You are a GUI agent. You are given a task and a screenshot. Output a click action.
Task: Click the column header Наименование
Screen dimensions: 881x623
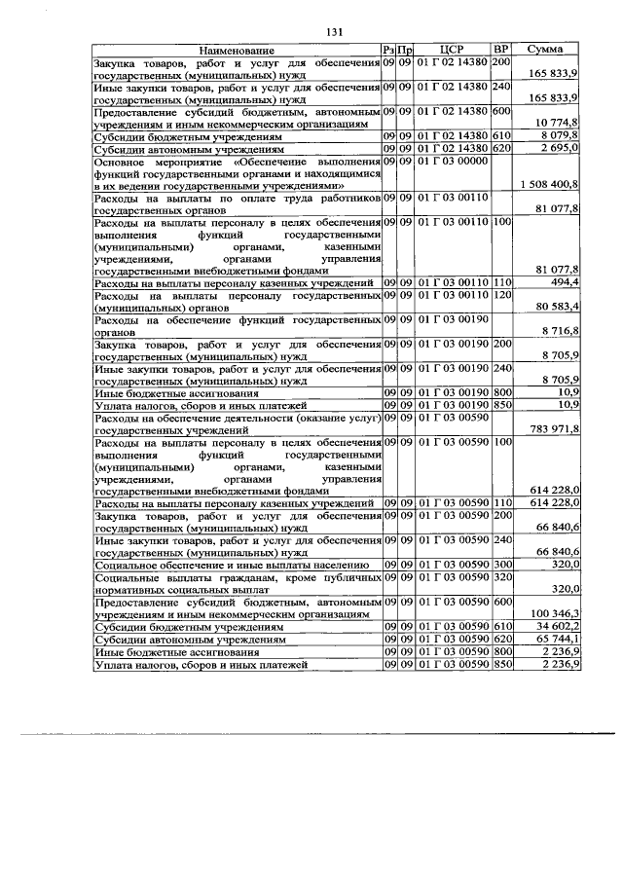(x=237, y=50)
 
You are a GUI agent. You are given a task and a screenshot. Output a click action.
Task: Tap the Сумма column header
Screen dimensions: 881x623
(x=547, y=50)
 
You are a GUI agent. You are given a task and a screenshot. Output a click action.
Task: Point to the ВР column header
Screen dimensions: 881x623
(x=501, y=50)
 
